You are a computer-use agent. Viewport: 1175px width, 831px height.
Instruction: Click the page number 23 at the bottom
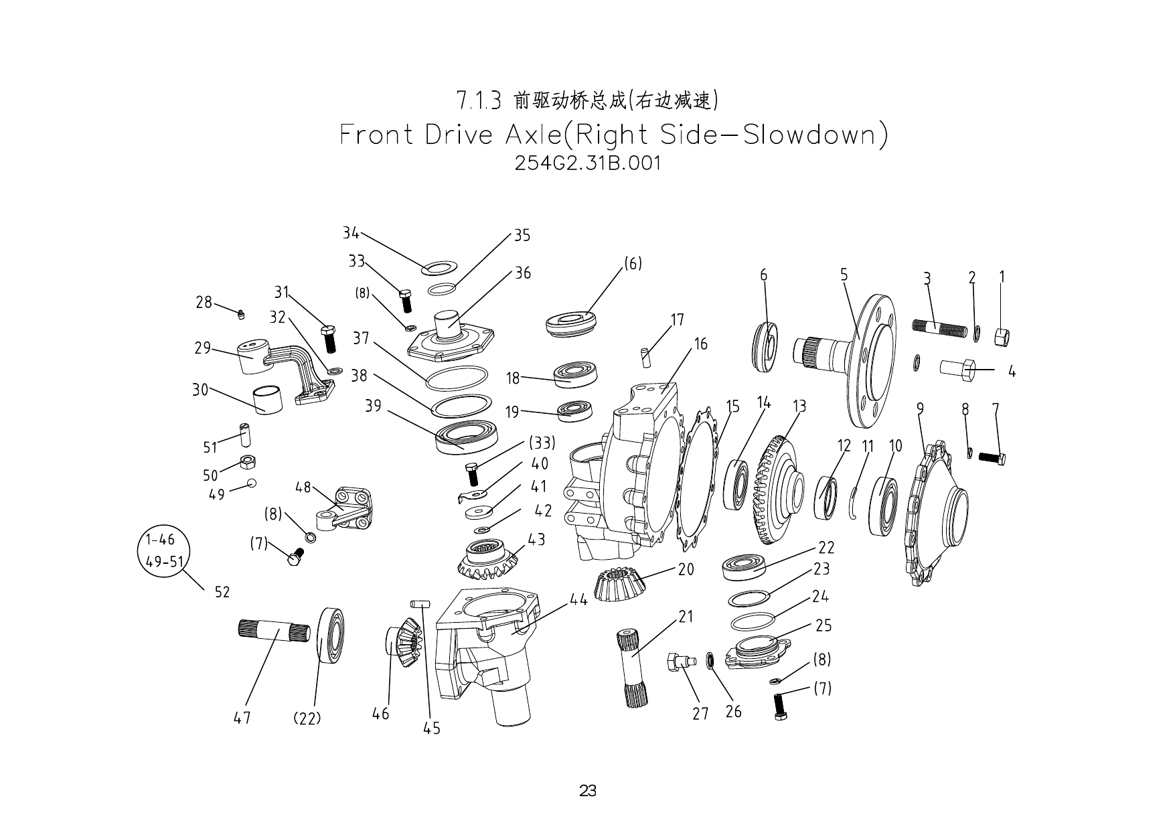click(587, 791)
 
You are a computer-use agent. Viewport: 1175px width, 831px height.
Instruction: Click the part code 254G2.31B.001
click(587, 163)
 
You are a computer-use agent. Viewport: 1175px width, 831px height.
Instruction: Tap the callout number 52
click(222, 592)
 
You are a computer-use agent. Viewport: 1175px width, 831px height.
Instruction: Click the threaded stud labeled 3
click(939, 329)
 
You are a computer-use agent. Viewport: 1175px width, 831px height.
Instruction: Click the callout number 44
click(578, 599)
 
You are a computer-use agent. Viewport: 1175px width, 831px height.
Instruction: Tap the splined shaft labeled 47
click(275, 631)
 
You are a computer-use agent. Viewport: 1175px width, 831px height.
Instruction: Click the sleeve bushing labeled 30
click(268, 400)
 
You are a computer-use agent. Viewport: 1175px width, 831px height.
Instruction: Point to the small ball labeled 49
click(252, 483)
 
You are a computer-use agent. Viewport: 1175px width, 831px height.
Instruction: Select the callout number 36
click(522, 273)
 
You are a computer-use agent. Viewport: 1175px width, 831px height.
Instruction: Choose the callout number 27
click(700, 714)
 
